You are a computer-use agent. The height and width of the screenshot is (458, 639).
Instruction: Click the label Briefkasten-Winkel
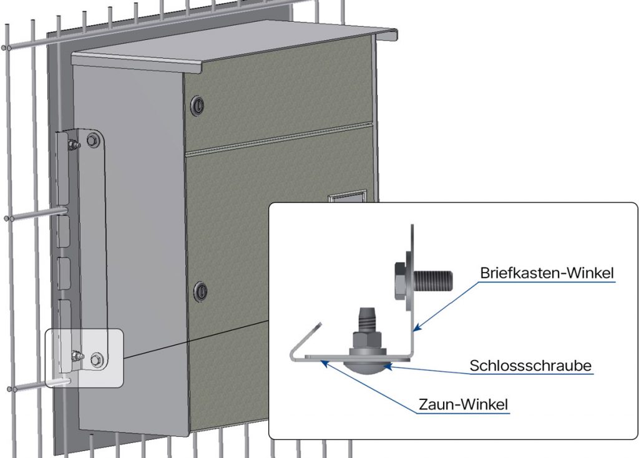tap(547, 273)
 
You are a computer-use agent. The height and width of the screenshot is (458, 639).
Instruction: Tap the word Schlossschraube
tap(530, 365)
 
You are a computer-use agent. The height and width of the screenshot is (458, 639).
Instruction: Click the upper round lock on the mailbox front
tap(199, 105)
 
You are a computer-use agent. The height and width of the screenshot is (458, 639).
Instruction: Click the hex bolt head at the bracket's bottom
tap(96, 359)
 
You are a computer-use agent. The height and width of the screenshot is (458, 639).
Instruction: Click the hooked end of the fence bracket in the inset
tap(304, 340)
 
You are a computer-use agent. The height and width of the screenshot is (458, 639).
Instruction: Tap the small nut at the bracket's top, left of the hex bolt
tap(74, 147)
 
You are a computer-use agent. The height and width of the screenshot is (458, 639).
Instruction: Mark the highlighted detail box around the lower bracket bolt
tap(85, 358)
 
